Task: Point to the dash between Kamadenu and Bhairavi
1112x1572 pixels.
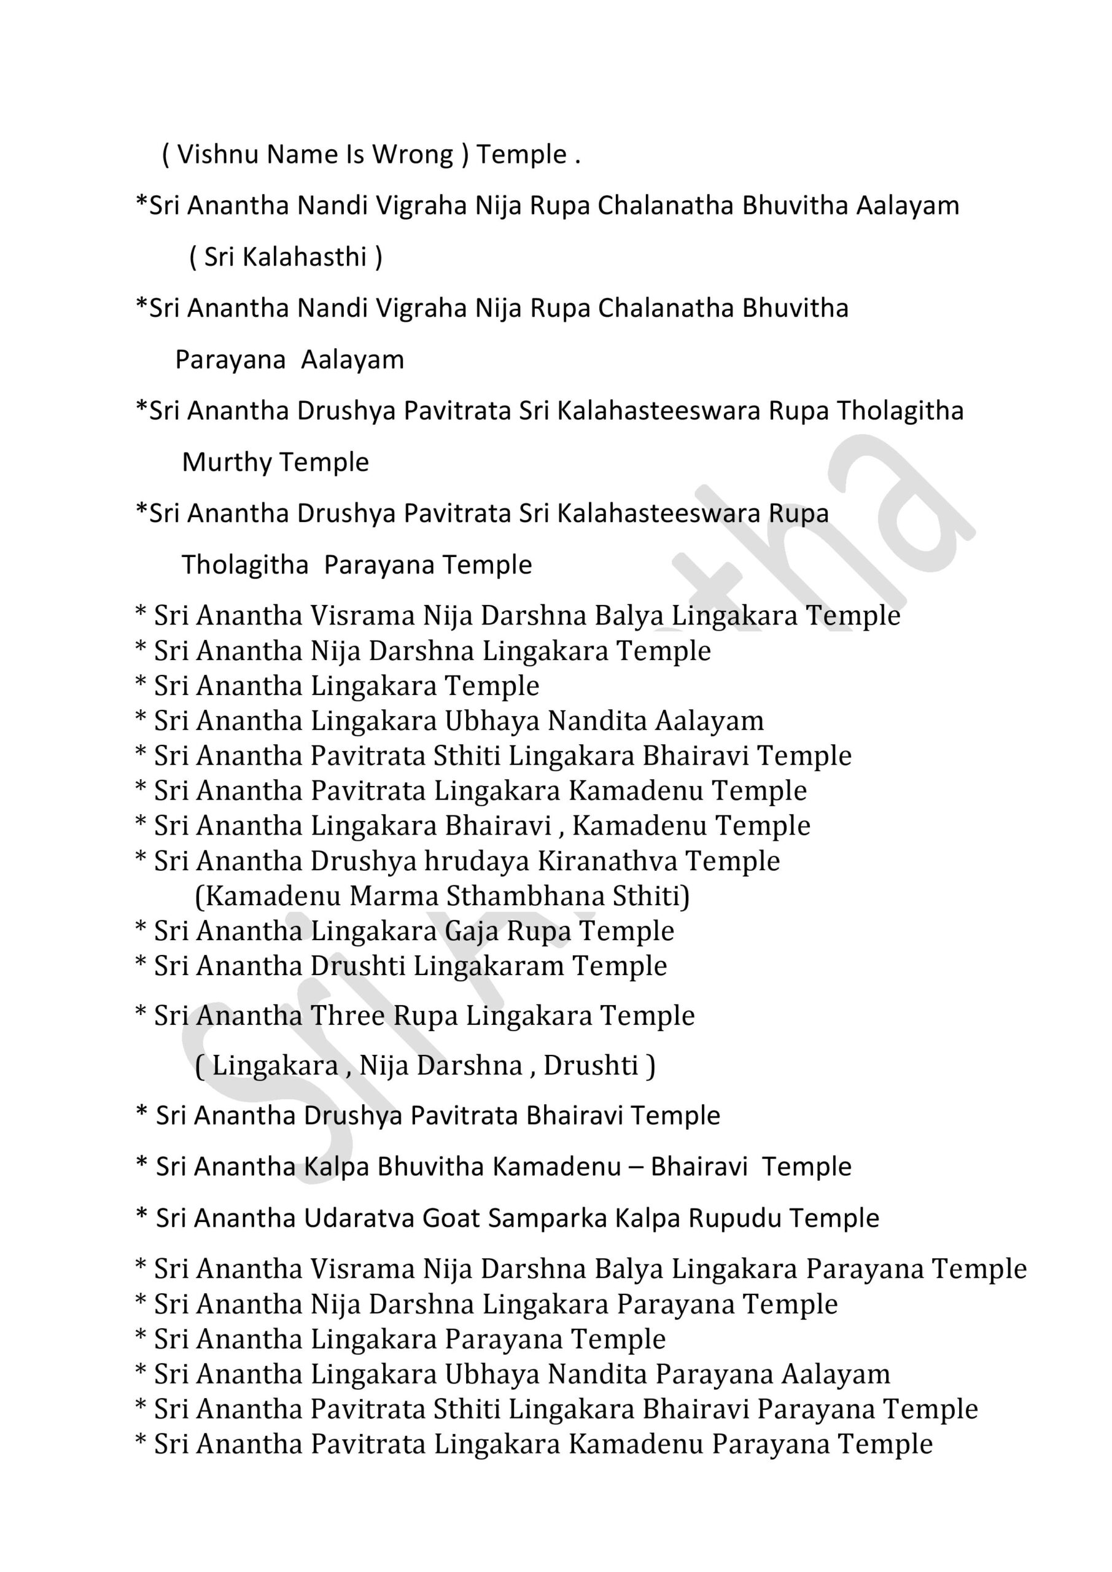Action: [x=636, y=1167]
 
